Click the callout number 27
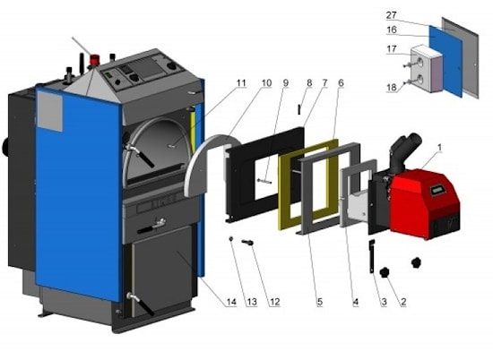(x=392, y=14)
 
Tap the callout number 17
(x=392, y=49)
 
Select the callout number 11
(x=241, y=83)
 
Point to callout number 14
(x=231, y=302)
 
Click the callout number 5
(x=320, y=302)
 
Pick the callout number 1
(x=439, y=147)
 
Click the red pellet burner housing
(x=425, y=202)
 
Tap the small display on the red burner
(x=438, y=190)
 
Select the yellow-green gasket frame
(x=308, y=184)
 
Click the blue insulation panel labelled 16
(x=445, y=60)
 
